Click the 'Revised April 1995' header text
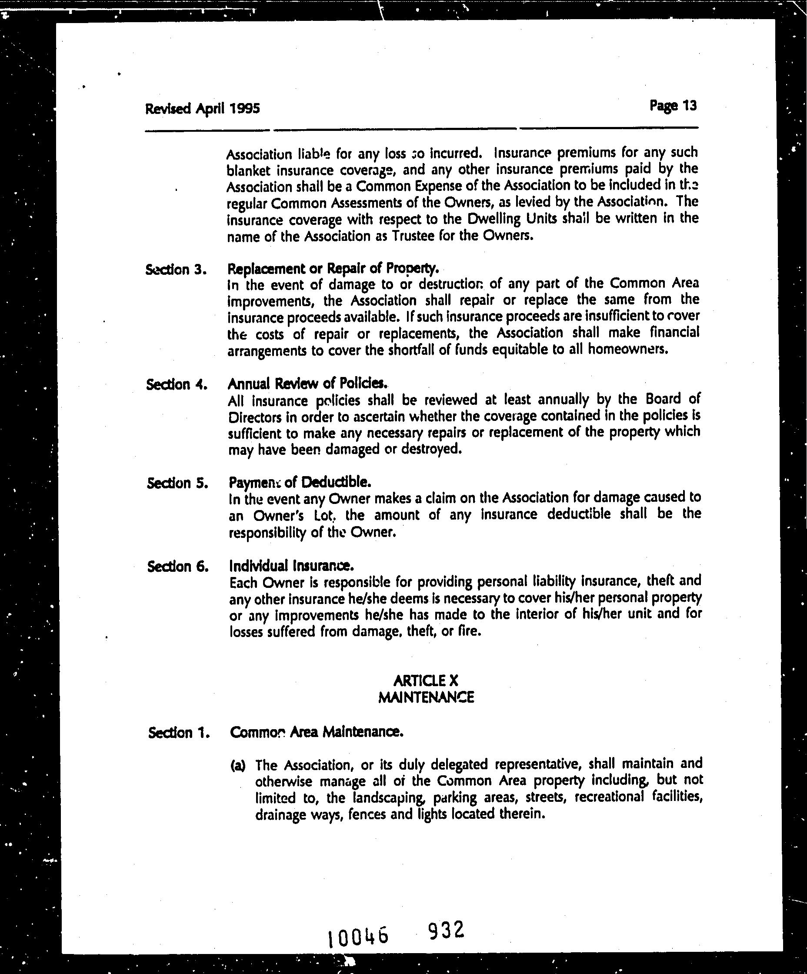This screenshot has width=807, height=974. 202,109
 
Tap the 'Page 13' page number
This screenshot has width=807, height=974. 673,106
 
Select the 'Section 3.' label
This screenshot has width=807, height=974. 176,270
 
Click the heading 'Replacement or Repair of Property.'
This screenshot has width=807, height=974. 333,268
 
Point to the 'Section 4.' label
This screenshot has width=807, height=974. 177,384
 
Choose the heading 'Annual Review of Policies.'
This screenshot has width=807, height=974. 307,384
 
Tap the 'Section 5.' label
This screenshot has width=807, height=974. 177,483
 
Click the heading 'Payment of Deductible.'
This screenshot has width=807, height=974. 300,482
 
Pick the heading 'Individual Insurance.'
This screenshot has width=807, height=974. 291,565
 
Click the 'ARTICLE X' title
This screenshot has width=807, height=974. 425,680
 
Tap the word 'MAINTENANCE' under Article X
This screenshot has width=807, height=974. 426,697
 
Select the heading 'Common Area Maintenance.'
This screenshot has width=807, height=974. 316,732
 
